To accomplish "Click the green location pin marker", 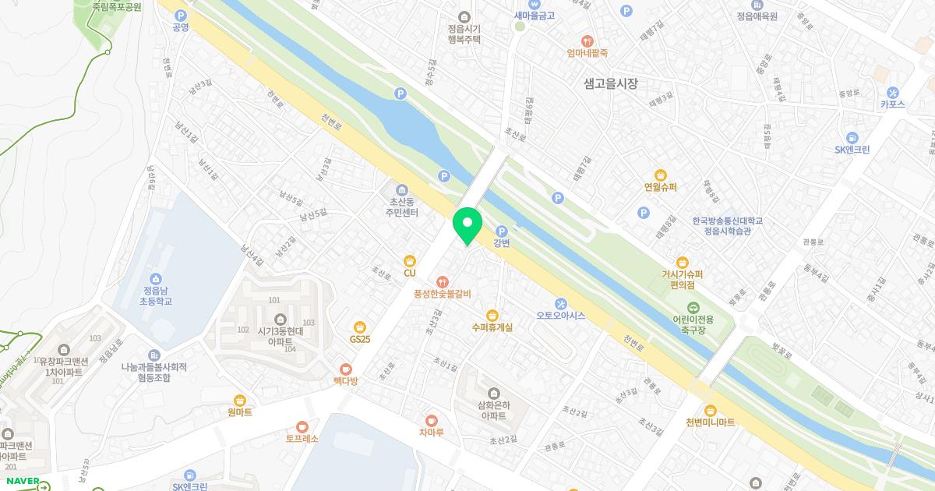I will click(467, 225).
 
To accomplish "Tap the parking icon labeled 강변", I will click(502, 231).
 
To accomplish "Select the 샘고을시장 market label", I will click(610, 83).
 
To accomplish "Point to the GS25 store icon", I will click(360, 327).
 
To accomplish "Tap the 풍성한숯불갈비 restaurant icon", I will click(443, 281).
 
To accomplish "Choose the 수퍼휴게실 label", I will click(492, 327).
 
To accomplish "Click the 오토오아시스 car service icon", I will click(560, 303).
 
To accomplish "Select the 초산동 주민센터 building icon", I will click(402, 190).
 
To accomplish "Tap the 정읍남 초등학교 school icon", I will click(156, 278).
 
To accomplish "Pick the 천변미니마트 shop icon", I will click(710, 410).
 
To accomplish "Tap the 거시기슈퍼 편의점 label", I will click(683, 279).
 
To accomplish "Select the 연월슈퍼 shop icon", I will click(661, 175).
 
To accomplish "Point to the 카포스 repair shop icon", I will click(893, 91).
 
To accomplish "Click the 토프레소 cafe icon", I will click(302, 426).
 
